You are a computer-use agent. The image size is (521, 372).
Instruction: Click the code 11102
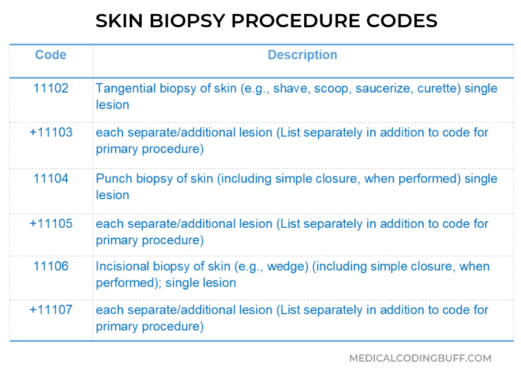[51, 88]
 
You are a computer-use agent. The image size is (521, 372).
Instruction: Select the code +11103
[51, 133]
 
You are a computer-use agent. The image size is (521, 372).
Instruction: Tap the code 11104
[51, 179]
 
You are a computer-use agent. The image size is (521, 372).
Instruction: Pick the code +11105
[51, 224]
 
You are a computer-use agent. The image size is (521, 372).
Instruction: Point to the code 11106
[51, 267]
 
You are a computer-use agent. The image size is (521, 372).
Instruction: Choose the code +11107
[51, 310]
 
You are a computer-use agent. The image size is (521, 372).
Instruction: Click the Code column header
[51, 55]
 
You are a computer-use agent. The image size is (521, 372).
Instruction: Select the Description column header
[302, 55]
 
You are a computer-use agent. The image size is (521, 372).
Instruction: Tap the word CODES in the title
[402, 21]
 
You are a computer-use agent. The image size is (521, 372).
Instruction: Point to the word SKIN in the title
[119, 21]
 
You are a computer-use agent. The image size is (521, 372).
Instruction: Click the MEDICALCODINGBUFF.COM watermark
[420, 359]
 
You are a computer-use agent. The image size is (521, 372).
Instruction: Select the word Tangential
[126, 89]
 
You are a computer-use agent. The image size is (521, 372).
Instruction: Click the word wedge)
[288, 267]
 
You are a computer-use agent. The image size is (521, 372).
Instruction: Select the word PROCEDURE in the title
[296, 21]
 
